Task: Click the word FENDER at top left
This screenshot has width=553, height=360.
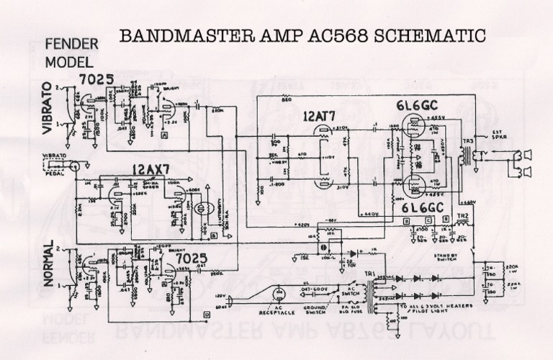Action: (x=71, y=45)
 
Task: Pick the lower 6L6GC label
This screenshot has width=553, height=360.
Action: (x=413, y=208)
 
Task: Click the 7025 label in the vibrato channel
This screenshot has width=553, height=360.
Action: (x=96, y=79)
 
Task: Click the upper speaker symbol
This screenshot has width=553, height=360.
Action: (x=527, y=153)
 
